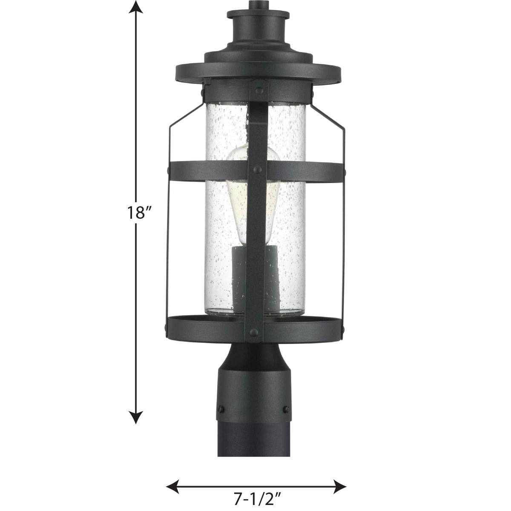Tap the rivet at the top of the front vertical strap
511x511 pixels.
[258, 90]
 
